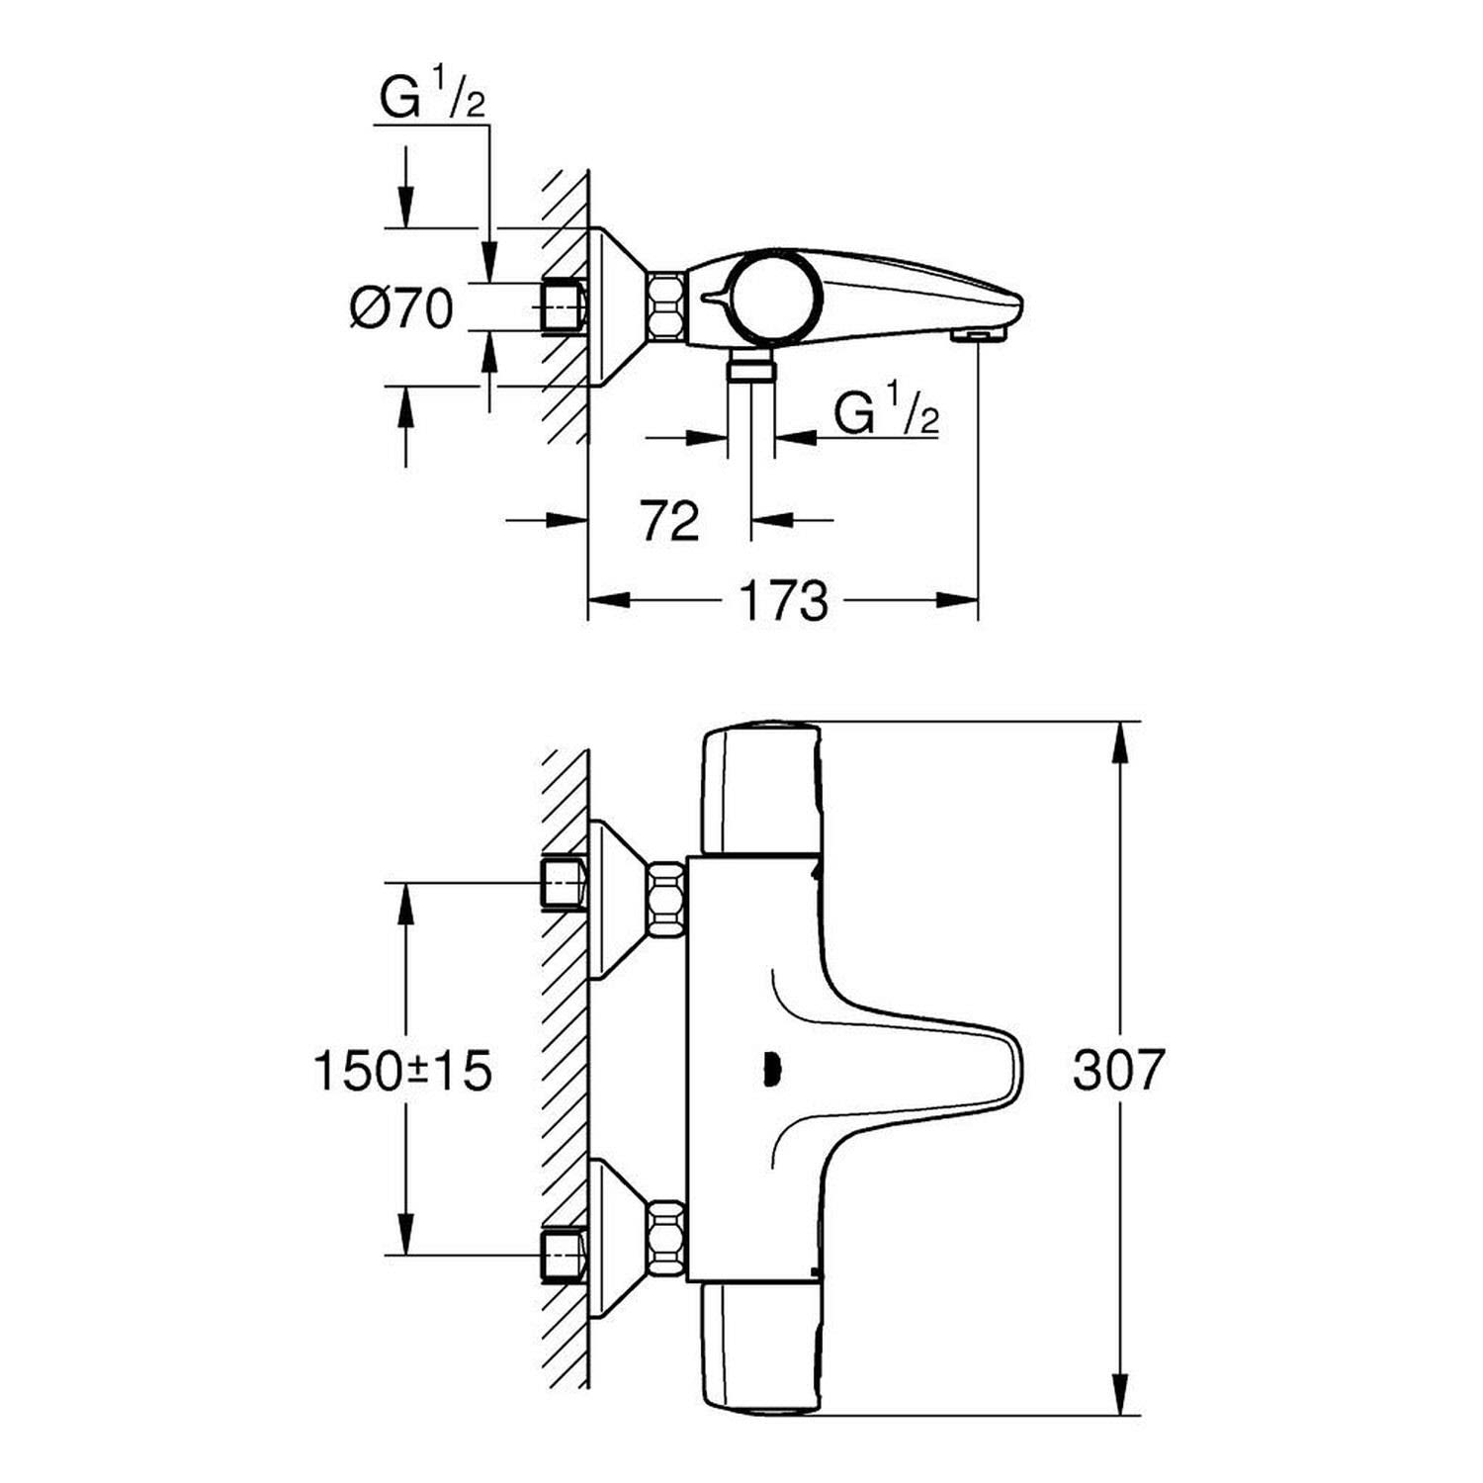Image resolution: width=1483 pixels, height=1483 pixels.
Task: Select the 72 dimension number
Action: click(x=669, y=521)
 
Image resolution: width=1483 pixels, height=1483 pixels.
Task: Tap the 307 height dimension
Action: click(x=1119, y=1069)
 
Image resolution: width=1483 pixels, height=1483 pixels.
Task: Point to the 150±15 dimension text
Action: click(x=402, y=1070)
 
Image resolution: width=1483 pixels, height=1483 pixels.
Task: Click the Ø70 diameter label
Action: click(x=400, y=309)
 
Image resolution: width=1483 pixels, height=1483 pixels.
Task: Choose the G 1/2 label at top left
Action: click(x=433, y=100)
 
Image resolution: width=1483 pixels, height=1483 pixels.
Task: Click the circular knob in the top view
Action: click(x=772, y=299)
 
